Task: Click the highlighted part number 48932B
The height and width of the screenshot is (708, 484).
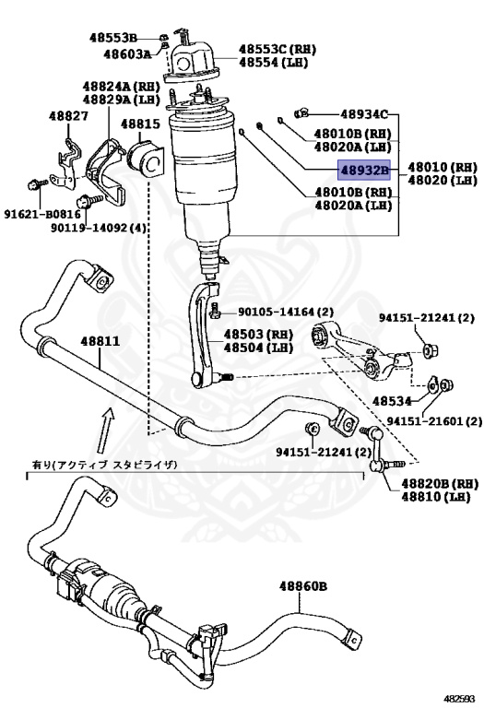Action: click(365, 171)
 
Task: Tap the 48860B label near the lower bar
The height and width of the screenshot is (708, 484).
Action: click(304, 585)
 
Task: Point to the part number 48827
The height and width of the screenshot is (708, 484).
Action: click(69, 116)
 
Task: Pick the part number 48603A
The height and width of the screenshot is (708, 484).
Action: click(127, 54)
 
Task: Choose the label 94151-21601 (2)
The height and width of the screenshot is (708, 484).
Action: click(433, 421)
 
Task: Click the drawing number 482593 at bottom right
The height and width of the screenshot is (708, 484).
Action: click(460, 699)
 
